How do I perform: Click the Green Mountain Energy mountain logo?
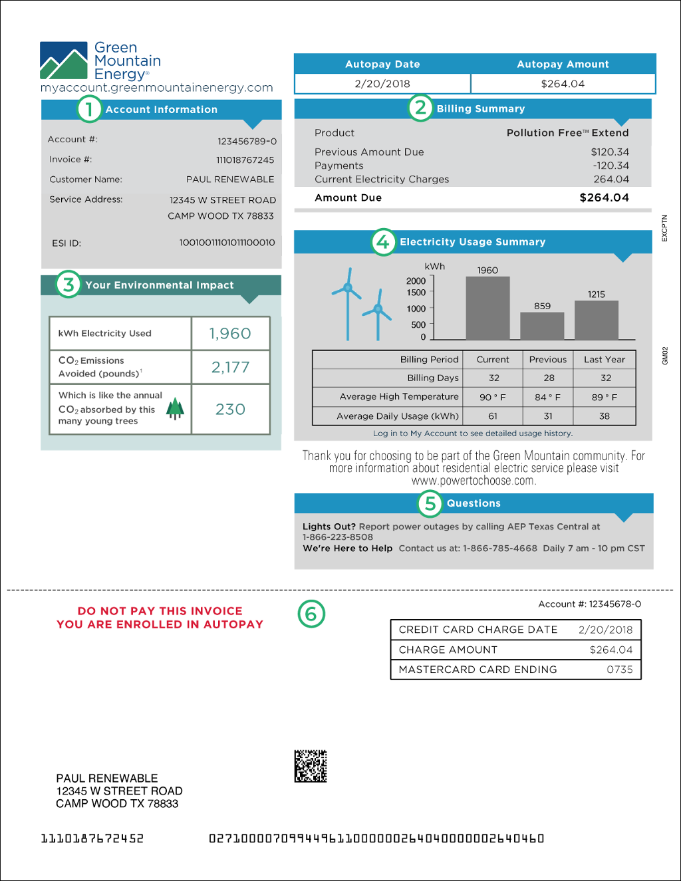click(x=64, y=61)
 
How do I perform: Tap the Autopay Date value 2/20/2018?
click(x=382, y=84)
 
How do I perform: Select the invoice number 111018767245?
click(x=245, y=160)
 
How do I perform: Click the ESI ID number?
click(x=227, y=243)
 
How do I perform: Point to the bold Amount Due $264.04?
click(x=604, y=197)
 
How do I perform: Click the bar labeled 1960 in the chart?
click(x=487, y=308)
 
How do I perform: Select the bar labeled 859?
click(x=542, y=326)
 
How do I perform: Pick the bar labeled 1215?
click(x=597, y=320)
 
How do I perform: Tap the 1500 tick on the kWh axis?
click(x=416, y=293)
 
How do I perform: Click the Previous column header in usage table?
click(x=548, y=360)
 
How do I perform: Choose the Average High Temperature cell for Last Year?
click(x=605, y=397)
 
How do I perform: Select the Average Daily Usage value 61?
click(x=493, y=416)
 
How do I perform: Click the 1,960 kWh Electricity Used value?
click(x=230, y=334)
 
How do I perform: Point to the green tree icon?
click(x=175, y=408)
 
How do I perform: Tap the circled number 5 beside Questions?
click(x=430, y=503)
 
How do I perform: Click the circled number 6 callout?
click(x=311, y=614)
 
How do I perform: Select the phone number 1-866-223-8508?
click(x=338, y=537)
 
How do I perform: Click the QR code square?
click(x=311, y=766)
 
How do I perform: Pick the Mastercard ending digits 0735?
click(x=619, y=670)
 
